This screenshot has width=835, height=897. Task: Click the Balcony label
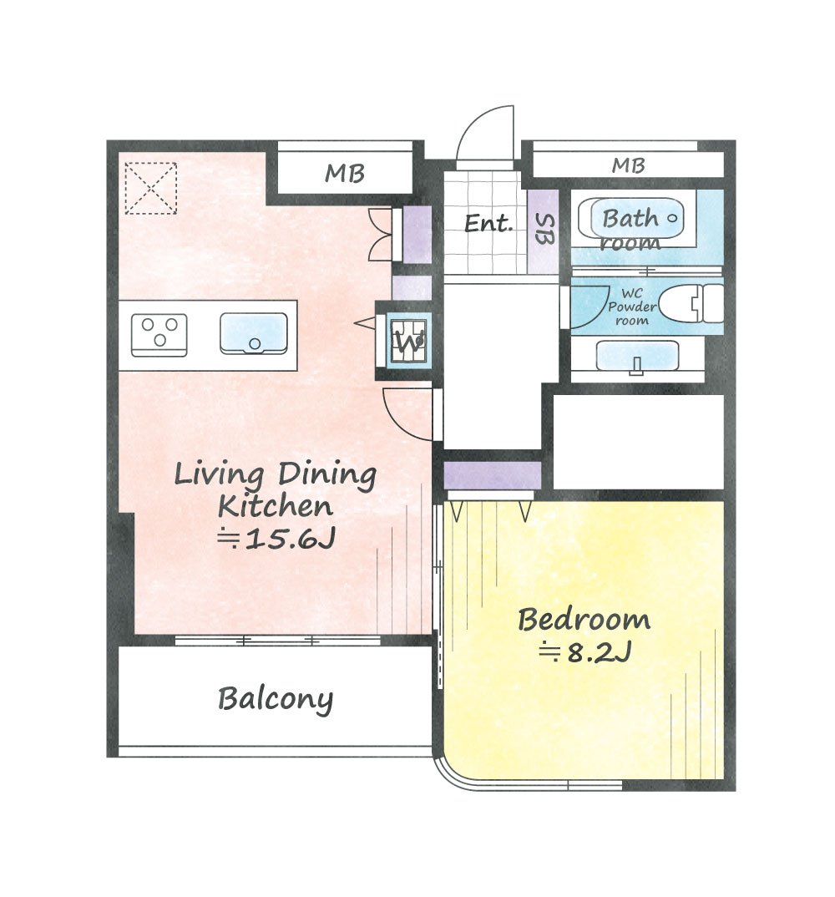(275, 698)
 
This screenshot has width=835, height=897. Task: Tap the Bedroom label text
(584, 620)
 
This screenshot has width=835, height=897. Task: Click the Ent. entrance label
(488, 223)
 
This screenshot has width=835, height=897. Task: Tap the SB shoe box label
(545, 230)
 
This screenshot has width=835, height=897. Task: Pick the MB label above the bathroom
(628, 165)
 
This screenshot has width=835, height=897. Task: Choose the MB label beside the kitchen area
(344, 173)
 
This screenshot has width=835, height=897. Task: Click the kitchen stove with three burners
(159, 335)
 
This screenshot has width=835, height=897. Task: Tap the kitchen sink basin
(254, 333)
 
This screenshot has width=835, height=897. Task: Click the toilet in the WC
(691, 303)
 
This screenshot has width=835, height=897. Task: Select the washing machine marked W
(407, 342)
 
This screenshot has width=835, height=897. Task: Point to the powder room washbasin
(637, 357)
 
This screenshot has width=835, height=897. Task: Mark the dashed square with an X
(151, 188)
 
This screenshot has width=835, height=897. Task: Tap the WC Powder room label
(631, 307)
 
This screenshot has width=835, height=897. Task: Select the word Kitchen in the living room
(275, 505)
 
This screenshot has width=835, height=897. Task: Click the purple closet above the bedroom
(493, 475)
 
